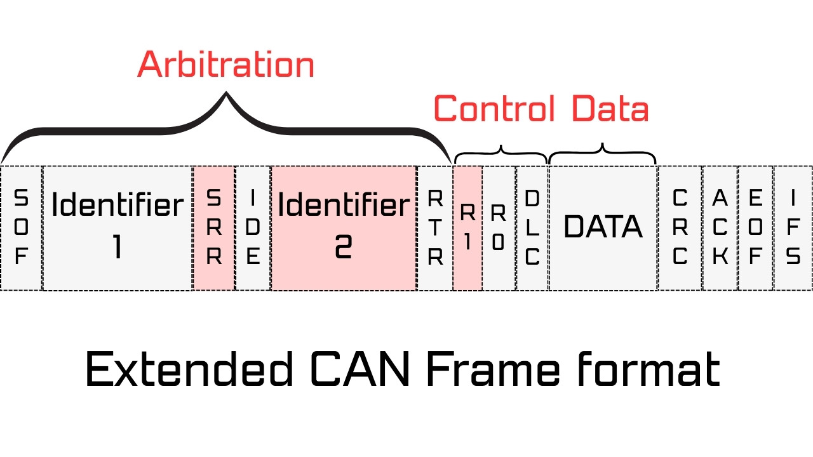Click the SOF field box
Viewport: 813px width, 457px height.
click(21, 228)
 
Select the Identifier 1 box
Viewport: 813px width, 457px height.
click(118, 228)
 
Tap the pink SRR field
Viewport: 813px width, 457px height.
click(214, 228)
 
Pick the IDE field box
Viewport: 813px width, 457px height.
click(253, 228)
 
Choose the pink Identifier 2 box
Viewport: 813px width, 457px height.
click(344, 228)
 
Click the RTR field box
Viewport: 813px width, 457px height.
click(434, 228)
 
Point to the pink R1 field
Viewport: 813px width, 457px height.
click(467, 228)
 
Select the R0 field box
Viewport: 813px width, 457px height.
click(499, 228)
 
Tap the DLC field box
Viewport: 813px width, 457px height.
click(532, 228)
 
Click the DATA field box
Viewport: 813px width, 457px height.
click(603, 228)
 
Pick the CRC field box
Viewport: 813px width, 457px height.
click(680, 228)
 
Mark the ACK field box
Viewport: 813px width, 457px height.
click(720, 228)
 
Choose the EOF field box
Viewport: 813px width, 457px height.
click(755, 228)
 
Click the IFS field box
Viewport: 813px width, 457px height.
click(793, 228)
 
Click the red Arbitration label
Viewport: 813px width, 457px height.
click(226, 65)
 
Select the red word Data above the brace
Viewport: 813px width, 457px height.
click(610, 109)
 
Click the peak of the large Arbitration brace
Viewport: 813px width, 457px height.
click(226, 95)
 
